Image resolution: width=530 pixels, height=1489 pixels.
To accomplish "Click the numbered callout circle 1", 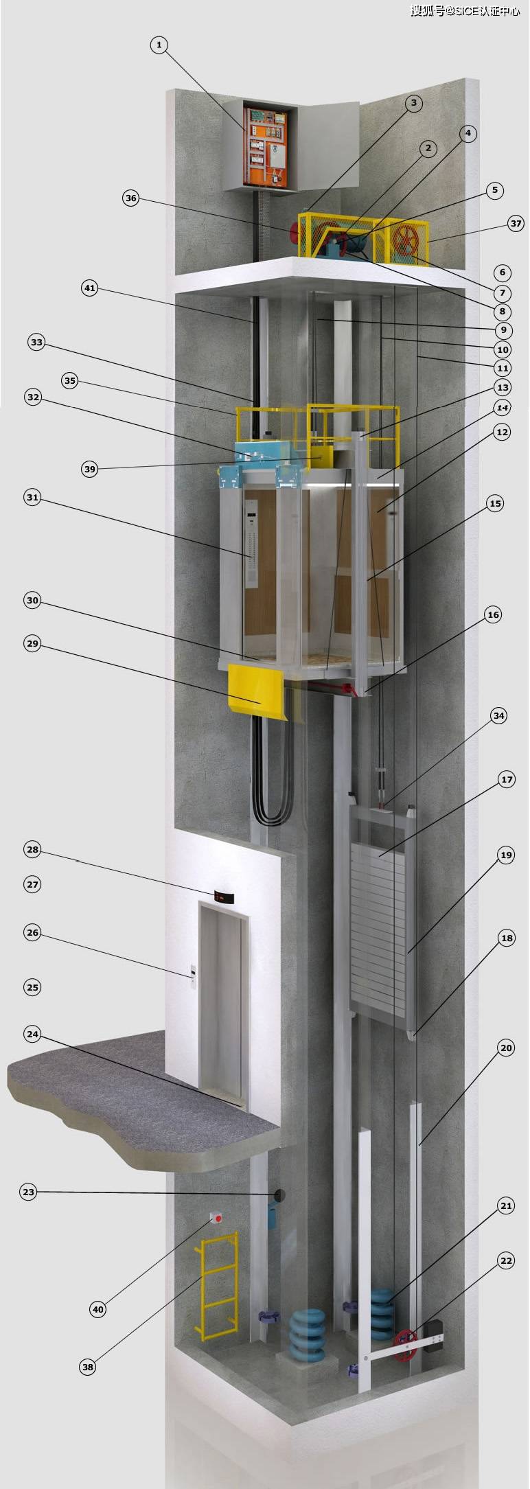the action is pyautogui.click(x=159, y=45).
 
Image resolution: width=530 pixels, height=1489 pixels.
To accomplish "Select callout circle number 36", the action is pyautogui.click(x=130, y=198).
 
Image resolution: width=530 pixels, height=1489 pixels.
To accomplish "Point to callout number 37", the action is pyautogui.click(x=516, y=223).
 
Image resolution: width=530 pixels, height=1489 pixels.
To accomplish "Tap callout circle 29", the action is pyautogui.click(x=32, y=643).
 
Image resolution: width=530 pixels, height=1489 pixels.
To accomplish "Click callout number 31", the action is pyautogui.click(x=32, y=497).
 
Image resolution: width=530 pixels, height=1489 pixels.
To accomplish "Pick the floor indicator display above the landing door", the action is pyautogui.click(x=224, y=897).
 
